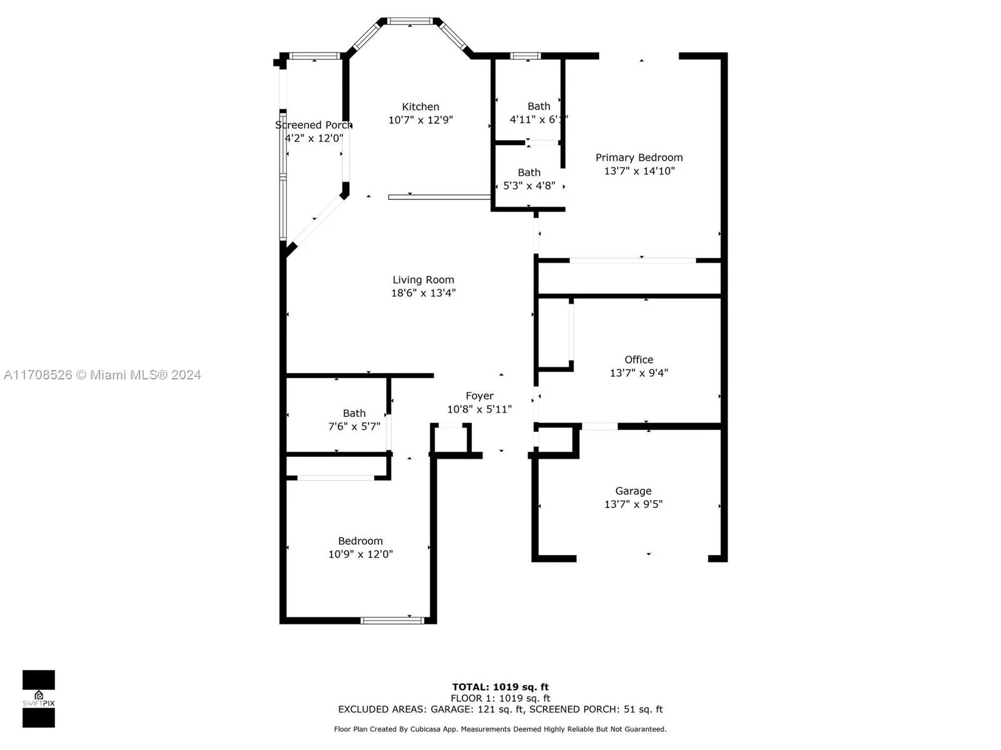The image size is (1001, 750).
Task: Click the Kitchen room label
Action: click(420, 107)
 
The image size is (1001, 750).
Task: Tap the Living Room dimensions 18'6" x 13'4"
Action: click(424, 293)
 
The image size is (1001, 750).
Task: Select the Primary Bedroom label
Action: click(639, 157)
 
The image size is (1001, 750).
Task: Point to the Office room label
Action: click(639, 359)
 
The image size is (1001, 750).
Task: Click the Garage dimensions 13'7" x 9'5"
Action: click(633, 504)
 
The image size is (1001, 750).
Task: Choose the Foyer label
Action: click(479, 396)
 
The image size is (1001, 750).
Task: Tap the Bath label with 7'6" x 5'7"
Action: click(354, 413)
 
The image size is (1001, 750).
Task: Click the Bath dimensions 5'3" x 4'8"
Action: click(529, 186)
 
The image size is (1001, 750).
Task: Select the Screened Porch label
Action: click(313, 125)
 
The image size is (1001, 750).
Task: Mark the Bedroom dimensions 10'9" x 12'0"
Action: click(360, 554)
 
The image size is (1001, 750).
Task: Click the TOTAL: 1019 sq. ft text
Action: click(500, 687)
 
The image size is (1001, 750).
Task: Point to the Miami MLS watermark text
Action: click(103, 375)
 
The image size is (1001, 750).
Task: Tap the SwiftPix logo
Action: click(39, 699)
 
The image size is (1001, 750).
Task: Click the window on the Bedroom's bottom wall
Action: click(392, 620)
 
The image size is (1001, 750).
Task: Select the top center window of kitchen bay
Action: click(410, 21)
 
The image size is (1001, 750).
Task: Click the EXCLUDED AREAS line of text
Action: click(500, 709)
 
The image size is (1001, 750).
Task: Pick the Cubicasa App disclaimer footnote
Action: click(500, 729)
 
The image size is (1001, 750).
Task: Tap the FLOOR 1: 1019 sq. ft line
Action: click(500, 698)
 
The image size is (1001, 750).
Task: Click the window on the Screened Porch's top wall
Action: click(314, 56)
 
